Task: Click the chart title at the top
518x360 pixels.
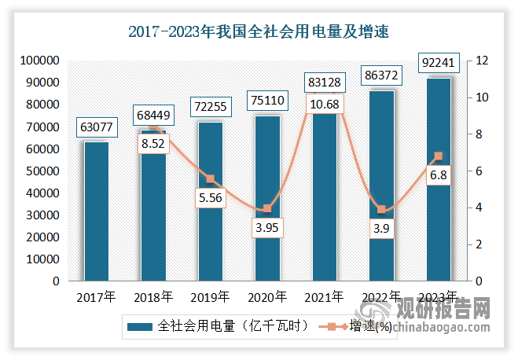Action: tap(259, 32)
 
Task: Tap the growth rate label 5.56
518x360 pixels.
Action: tap(210, 198)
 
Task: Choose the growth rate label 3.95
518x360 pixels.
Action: tap(267, 228)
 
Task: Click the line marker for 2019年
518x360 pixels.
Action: tap(210, 178)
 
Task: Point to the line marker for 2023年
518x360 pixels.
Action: tap(438, 156)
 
